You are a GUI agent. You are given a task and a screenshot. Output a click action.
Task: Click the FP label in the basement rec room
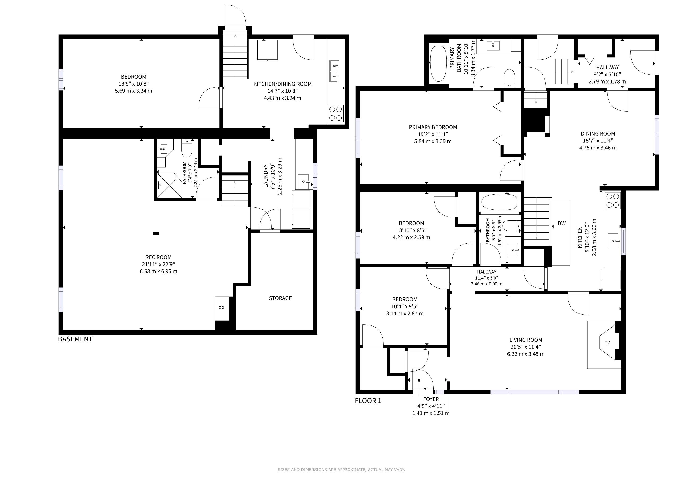221,308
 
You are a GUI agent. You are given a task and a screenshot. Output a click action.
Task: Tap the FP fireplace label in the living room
607,343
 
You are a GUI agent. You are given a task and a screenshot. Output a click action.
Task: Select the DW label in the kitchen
562,223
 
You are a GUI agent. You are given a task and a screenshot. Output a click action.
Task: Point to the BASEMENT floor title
75,339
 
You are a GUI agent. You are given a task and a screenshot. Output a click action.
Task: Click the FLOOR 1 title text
368,401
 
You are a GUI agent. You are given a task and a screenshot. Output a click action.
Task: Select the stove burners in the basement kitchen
335,113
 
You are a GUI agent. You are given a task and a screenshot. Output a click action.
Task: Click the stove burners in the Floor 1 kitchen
613,200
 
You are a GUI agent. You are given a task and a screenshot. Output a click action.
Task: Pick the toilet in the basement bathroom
187,149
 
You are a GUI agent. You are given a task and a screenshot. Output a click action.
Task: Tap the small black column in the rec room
156,233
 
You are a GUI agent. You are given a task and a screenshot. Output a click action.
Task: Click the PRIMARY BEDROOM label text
433,127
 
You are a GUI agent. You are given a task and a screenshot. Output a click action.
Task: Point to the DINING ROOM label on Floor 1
598,133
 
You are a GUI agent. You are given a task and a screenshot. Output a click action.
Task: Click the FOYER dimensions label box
431,406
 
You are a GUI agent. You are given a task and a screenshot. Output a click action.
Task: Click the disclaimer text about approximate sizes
341,470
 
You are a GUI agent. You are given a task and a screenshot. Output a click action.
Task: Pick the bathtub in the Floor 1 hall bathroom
499,202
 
